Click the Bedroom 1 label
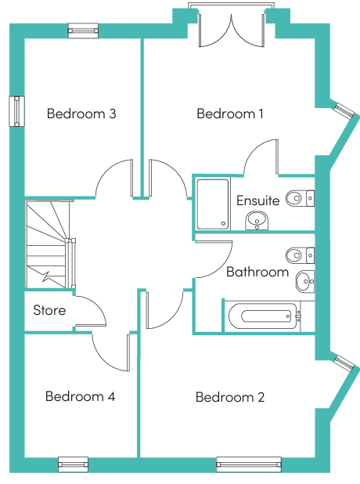230,114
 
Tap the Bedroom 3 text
81,114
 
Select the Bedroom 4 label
80,396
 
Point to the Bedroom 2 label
230,397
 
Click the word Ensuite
258,200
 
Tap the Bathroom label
257,272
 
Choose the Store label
49,310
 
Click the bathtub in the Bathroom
264,316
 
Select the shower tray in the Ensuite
213,204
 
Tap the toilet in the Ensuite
300,198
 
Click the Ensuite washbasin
257,220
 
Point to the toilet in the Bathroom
300,255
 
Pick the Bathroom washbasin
305,281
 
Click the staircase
49,244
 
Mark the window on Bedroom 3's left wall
16,111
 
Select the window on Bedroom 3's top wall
83,31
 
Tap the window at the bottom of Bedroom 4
73,464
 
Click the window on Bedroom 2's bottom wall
249,464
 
